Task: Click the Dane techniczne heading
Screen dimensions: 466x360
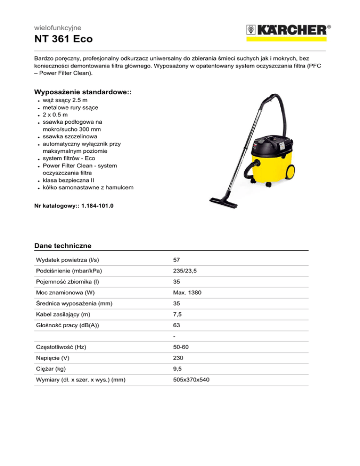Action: pyautogui.click(x=63, y=246)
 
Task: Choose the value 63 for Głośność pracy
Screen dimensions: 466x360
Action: pyautogui.click(x=177, y=325)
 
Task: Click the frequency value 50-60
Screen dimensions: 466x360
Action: pyautogui.click(x=181, y=347)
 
